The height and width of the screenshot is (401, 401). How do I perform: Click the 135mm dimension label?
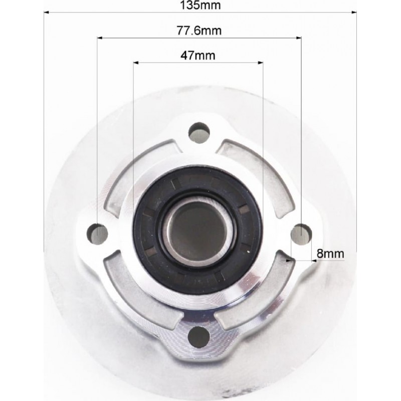point(200,5)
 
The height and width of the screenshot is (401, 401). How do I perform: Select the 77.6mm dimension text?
point(199,31)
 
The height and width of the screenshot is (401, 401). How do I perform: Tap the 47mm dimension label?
point(198,56)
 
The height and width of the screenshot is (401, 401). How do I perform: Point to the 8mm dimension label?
point(330,254)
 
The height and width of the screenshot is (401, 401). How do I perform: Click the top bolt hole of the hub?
point(199,133)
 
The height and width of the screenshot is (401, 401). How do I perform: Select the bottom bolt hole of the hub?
point(198,336)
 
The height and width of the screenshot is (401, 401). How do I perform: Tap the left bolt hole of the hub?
point(97,234)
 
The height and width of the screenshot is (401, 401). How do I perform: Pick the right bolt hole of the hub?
point(301,234)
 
